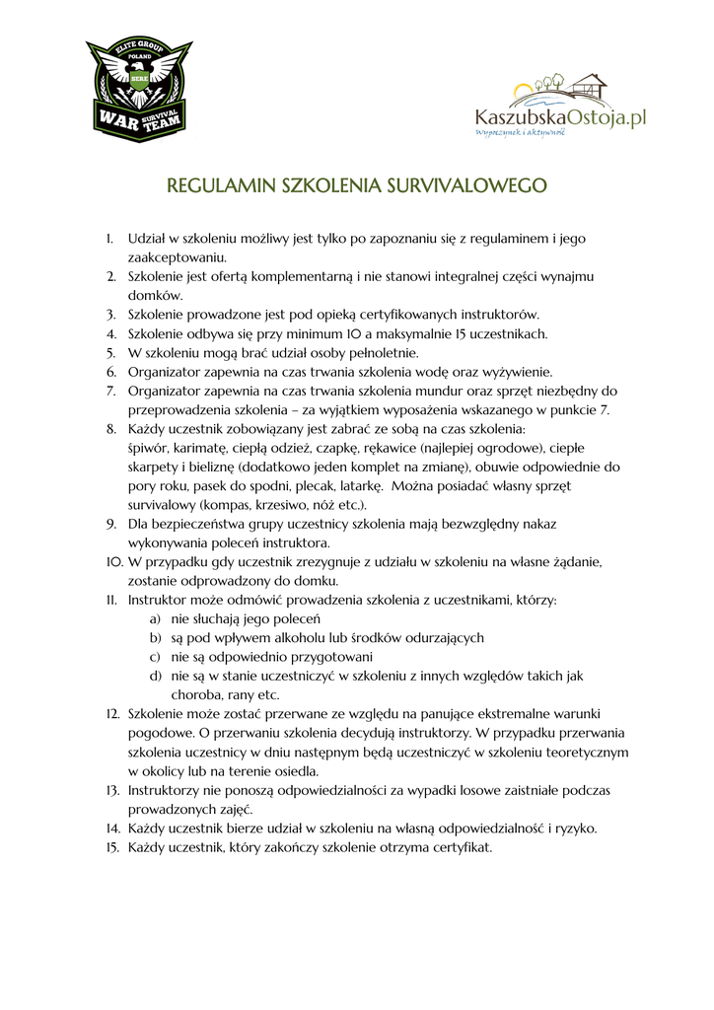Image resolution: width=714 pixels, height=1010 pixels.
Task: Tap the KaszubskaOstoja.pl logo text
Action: [x=560, y=118]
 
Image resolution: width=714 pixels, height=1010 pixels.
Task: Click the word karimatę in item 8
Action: [x=202, y=448]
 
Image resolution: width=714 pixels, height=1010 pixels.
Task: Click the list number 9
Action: [x=111, y=524]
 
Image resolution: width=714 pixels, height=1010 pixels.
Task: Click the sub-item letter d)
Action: [x=155, y=676]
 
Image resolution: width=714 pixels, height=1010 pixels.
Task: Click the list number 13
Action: [x=112, y=790]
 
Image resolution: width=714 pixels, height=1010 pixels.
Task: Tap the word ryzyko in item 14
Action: [x=572, y=829]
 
